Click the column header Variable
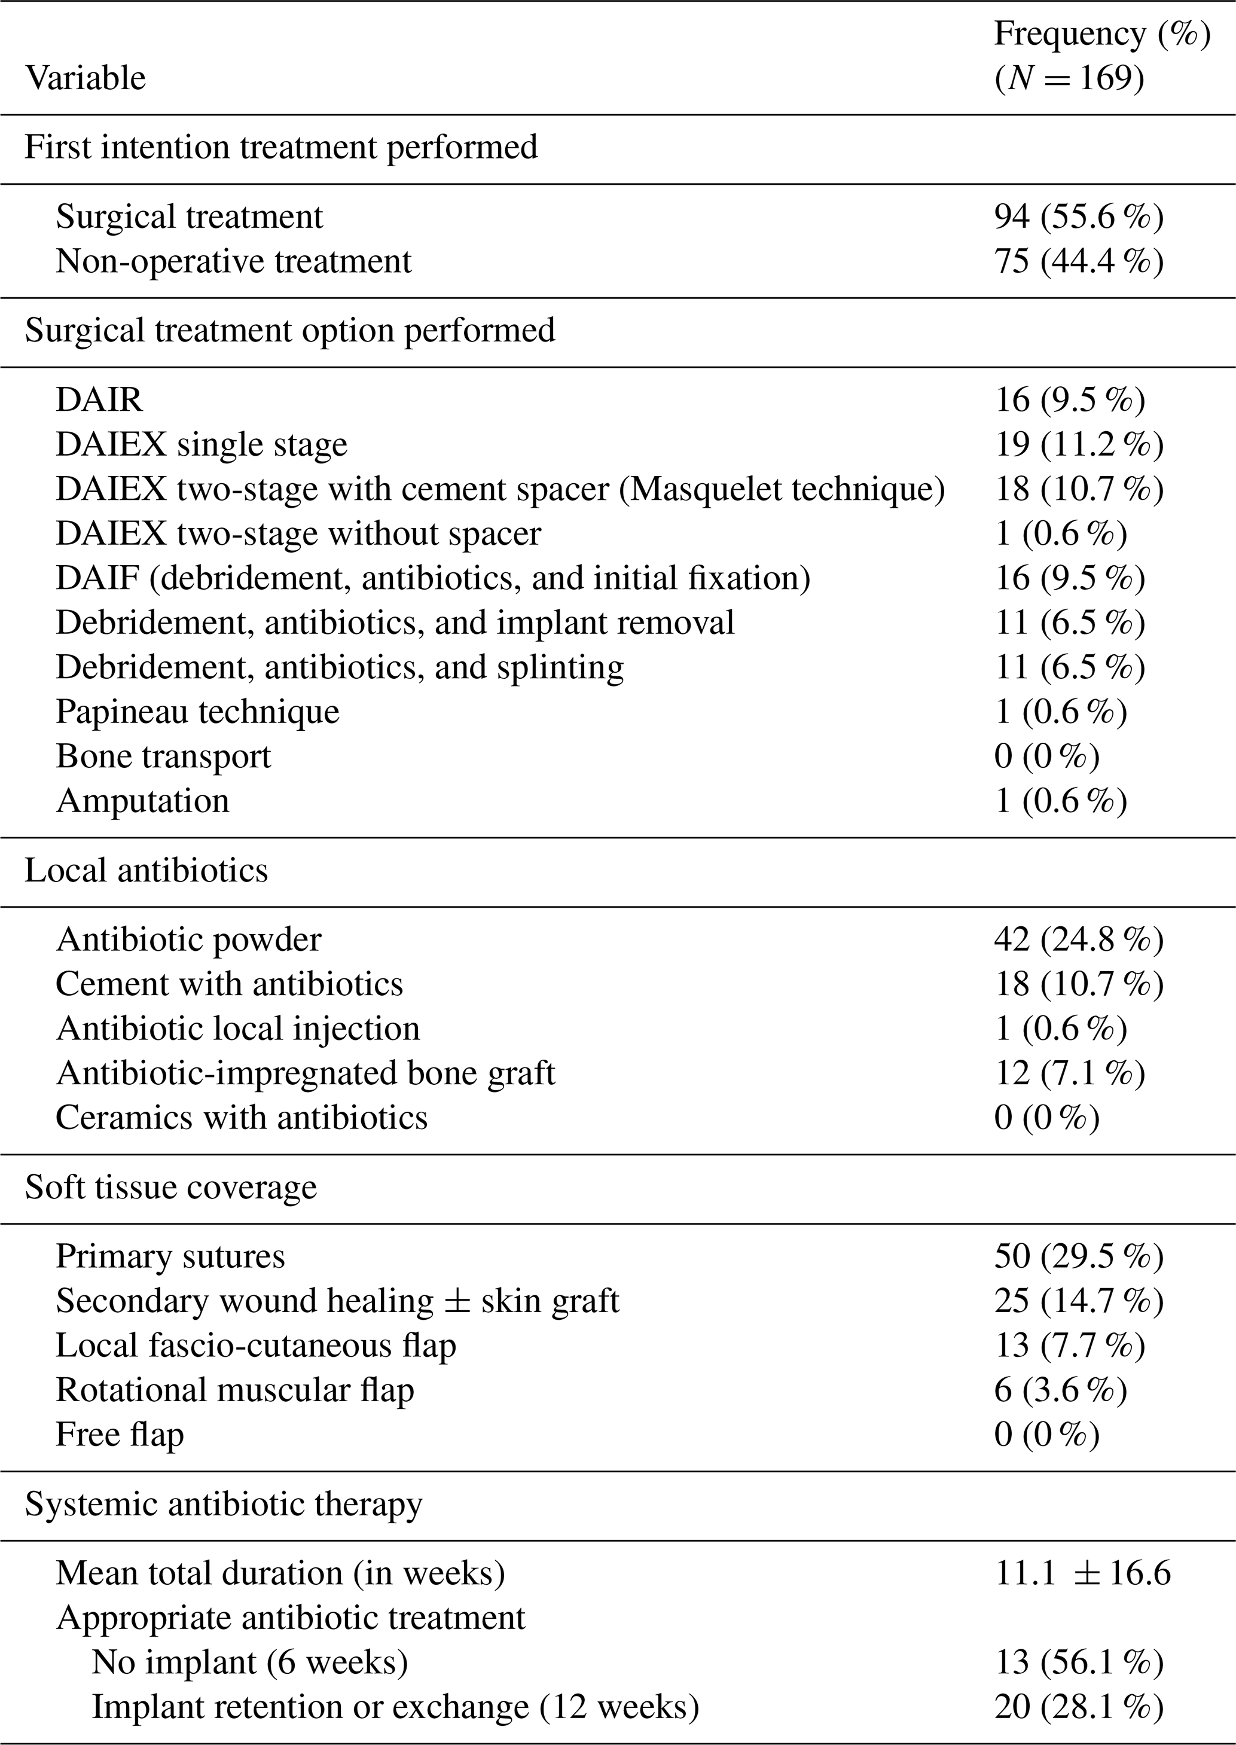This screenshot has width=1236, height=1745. click(x=86, y=78)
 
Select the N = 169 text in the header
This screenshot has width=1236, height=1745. click(x=1069, y=78)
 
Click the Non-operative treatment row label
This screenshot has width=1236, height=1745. click(x=233, y=261)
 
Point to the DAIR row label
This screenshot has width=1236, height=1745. click(x=99, y=399)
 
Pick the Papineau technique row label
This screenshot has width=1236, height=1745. click(x=197, y=712)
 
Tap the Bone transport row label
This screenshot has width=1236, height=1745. click(x=163, y=756)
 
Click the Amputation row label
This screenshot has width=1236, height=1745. click(x=142, y=801)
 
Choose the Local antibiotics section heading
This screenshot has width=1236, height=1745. click(x=146, y=871)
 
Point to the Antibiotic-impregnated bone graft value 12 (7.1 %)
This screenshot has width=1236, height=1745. click(x=1069, y=1073)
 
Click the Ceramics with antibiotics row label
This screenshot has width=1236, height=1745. click(x=241, y=1118)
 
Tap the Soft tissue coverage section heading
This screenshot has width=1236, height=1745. click(x=170, y=1187)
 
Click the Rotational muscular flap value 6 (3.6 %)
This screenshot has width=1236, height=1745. click(x=1060, y=1390)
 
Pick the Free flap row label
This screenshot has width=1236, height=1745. click(x=120, y=1435)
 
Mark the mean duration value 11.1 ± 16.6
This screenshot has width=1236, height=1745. click(x=1082, y=1573)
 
